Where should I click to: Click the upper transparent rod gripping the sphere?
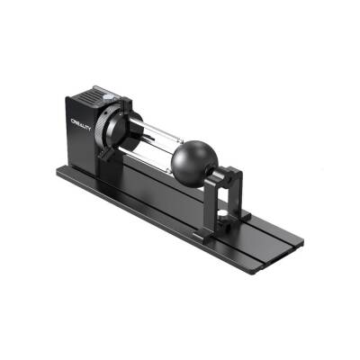[x=153, y=130]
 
